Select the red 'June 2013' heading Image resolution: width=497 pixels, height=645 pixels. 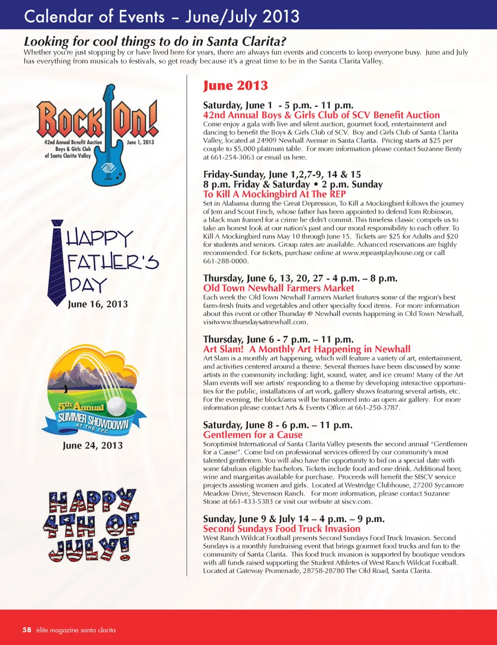click(236, 85)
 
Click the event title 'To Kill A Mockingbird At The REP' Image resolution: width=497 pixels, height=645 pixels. click(274, 194)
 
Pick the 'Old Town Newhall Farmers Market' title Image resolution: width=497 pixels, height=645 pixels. click(279, 288)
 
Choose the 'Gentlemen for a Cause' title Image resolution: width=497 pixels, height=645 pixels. click(253, 435)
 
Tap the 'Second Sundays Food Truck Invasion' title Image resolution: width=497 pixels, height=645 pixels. click(282, 528)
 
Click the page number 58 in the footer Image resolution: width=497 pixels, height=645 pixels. click(27, 630)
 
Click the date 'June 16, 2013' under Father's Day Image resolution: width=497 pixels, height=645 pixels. click(98, 304)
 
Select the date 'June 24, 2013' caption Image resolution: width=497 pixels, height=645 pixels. click(93, 446)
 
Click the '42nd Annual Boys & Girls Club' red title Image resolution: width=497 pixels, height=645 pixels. click(321, 115)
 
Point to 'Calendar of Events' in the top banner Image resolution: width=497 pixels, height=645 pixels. click(94, 17)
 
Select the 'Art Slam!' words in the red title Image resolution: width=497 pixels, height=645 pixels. click(223, 349)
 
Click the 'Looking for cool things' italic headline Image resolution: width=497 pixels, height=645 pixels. click(155, 41)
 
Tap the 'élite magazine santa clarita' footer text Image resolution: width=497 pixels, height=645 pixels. click(76, 630)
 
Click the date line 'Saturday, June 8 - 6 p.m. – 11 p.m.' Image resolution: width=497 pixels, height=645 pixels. click(277, 425)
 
